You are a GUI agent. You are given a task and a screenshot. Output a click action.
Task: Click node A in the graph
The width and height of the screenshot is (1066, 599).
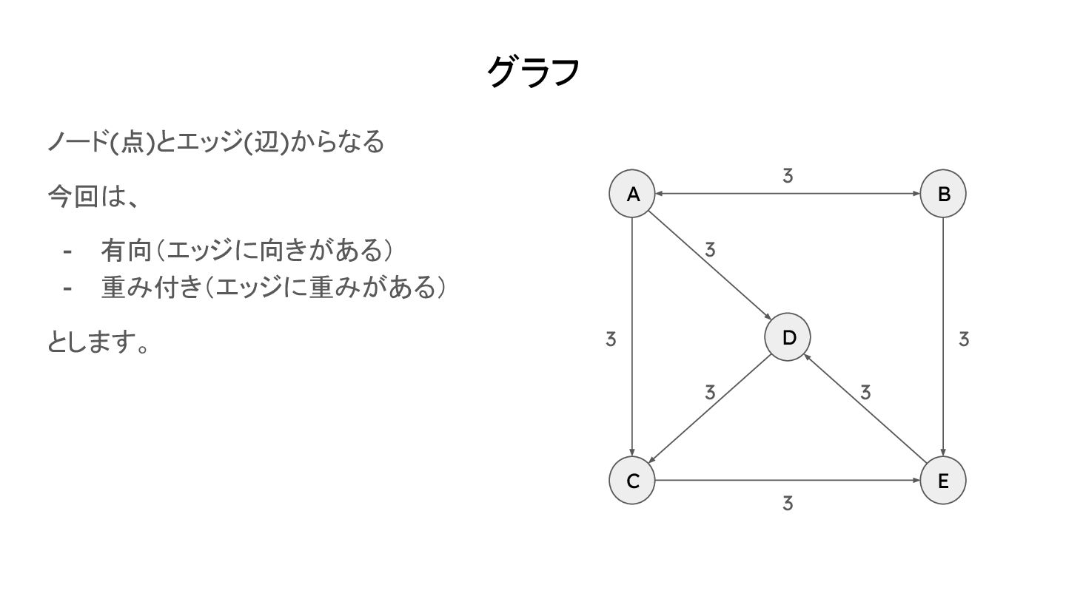pos(632,194)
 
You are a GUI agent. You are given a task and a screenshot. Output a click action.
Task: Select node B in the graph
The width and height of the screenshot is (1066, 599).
pos(943,194)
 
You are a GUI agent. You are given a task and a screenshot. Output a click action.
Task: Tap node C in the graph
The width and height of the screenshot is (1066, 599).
pos(632,481)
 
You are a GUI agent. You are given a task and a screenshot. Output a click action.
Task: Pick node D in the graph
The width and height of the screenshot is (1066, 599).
pos(788,337)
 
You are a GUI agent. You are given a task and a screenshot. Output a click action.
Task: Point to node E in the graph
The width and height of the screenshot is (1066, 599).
pos(943,481)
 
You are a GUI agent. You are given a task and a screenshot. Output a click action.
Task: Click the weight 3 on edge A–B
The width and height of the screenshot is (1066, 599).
pos(788,176)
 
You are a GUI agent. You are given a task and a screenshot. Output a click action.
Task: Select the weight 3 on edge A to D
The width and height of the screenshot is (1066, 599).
pos(710,250)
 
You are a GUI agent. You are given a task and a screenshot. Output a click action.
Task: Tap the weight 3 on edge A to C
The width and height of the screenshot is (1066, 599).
pos(611,339)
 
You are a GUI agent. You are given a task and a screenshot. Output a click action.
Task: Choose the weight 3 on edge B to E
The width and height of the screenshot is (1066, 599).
pos(963,339)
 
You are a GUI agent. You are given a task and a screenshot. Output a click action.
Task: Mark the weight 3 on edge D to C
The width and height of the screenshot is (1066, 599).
pos(710,392)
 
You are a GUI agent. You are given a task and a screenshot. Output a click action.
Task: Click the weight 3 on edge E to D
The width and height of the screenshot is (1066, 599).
pos(865,392)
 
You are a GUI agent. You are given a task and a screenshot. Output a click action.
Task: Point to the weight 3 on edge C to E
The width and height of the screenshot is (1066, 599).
pos(788,504)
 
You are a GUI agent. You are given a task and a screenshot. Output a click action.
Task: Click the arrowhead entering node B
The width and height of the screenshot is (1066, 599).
pos(916,194)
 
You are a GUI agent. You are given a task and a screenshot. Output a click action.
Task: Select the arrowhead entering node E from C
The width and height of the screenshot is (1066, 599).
pos(916,481)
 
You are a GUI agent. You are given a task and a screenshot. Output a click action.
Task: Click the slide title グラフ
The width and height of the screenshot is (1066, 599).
pos(533,72)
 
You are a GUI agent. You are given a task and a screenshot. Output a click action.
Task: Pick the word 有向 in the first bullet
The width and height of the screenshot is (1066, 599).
pos(126,251)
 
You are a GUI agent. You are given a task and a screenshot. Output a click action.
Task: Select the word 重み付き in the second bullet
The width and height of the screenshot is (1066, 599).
pos(151,288)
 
